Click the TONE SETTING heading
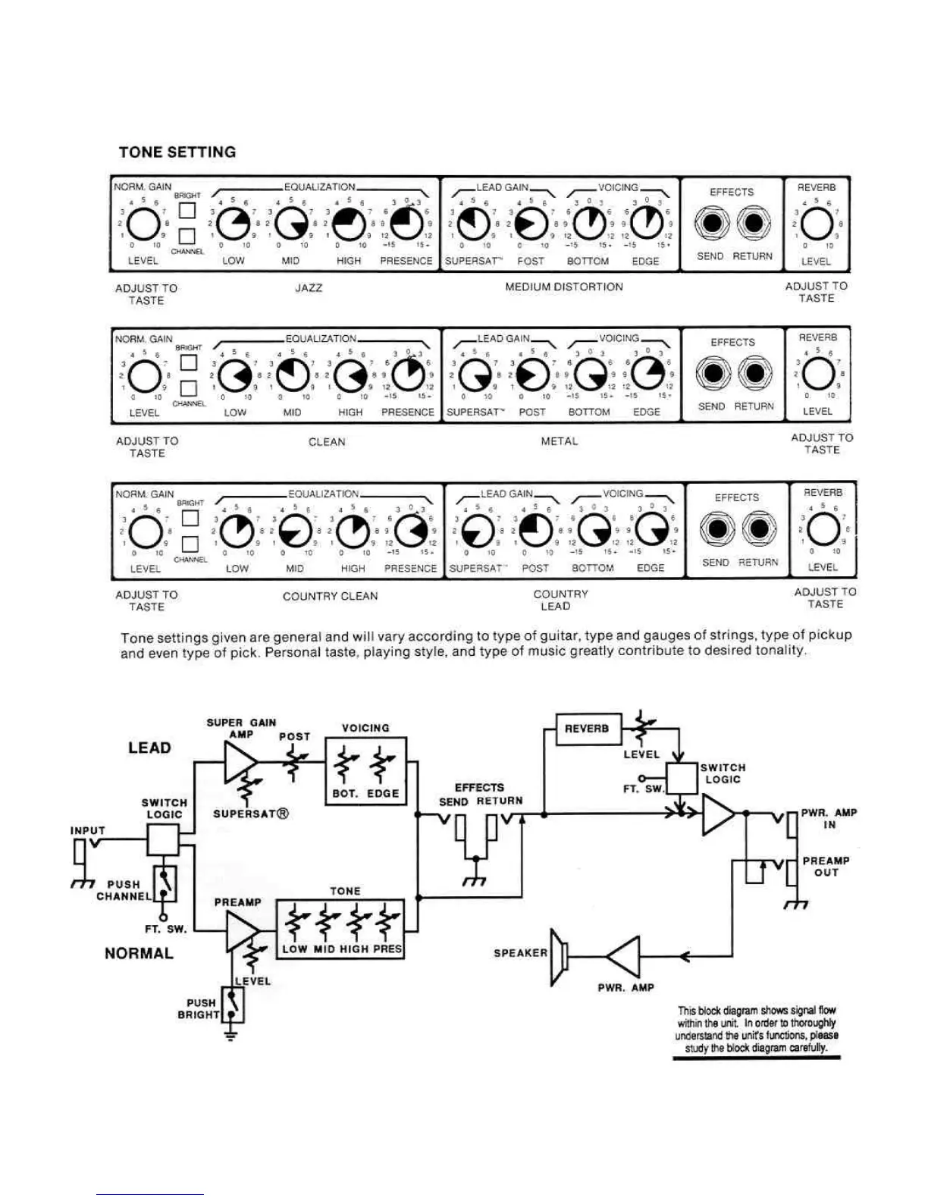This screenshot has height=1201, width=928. point(177,152)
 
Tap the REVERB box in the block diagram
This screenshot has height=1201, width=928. point(587,729)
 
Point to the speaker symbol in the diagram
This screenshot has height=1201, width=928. point(560,957)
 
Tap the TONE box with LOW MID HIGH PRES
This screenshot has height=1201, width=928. point(340,929)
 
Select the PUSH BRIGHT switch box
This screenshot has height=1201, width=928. point(233,1005)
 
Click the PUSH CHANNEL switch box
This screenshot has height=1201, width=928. point(165,883)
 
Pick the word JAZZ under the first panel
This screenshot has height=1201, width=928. point(309,288)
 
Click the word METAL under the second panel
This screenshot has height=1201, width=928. point(560,441)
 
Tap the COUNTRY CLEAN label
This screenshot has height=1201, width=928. point(330,596)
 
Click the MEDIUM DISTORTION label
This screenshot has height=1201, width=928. point(564,287)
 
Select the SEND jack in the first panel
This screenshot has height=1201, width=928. point(711,224)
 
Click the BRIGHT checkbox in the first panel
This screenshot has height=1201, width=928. point(187,210)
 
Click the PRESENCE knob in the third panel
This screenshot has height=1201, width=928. point(410,531)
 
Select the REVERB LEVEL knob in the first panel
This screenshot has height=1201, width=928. point(816,224)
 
